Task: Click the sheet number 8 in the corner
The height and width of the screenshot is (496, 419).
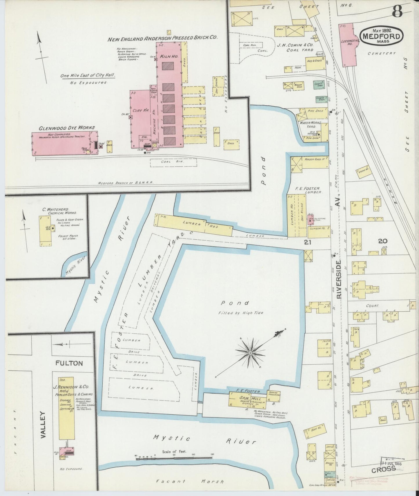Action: [398, 12]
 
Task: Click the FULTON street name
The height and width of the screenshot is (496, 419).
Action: [70, 363]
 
